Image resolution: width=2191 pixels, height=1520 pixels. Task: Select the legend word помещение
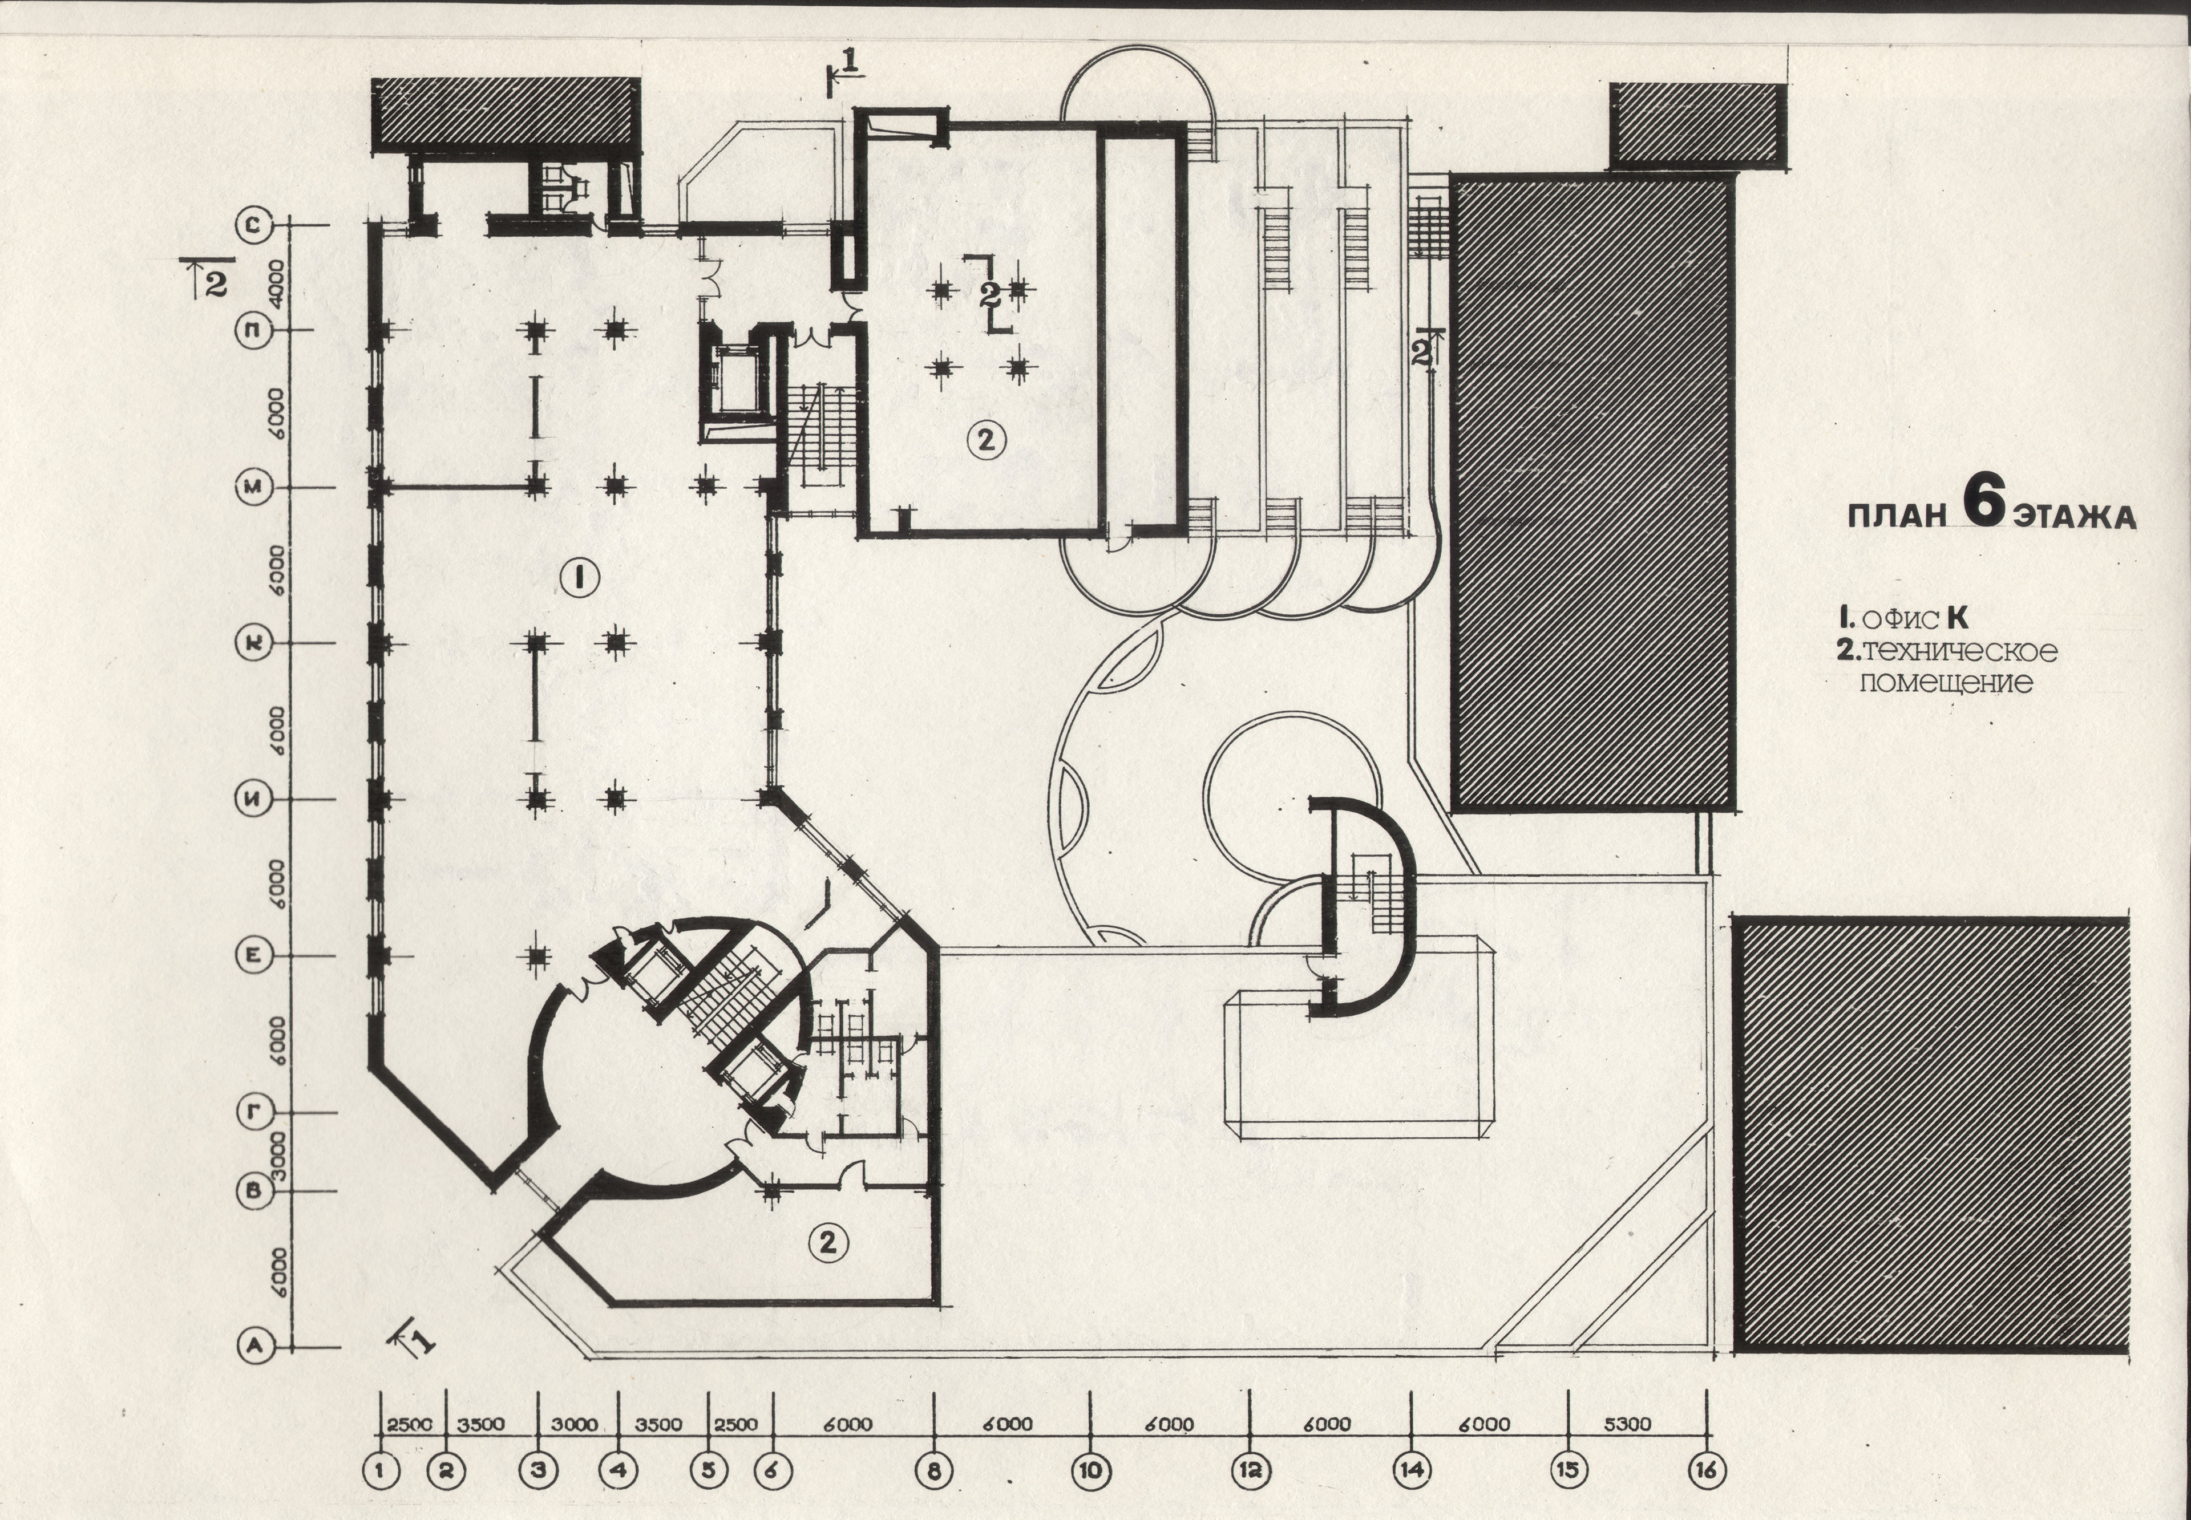(x=1946, y=683)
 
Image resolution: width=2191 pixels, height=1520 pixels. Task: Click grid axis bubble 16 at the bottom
(x=1705, y=1470)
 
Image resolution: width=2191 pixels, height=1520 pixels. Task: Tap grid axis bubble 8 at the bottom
(x=933, y=1470)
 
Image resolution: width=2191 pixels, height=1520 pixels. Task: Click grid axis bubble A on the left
(x=254, y=1345)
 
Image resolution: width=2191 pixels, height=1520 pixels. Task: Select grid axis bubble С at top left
(x=254, y=226)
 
